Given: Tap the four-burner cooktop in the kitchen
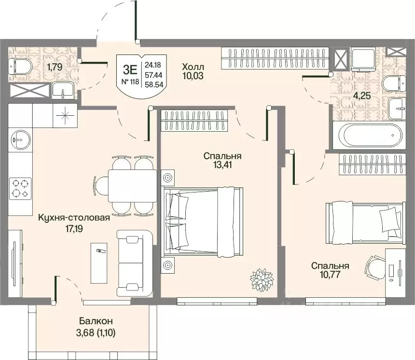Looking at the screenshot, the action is (x=20, y=189).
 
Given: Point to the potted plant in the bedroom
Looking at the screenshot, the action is (x=262, y=280).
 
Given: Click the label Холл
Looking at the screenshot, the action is (x=193, y=67).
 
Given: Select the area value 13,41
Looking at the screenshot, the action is (x=222, y=165).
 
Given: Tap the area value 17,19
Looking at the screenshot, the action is (x=74, y=228).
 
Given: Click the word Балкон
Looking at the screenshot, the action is (x=96, y=321).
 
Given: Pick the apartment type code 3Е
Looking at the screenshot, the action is (x=130, y=69).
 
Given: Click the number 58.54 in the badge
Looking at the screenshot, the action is (x=154, y=84).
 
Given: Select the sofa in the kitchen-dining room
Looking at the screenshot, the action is (x=135, y=263).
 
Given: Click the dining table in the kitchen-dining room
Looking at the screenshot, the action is (x=133, y=186).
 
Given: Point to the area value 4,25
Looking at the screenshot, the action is (x=362, y=95).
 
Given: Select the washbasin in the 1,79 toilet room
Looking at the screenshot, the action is (x=63, y=90).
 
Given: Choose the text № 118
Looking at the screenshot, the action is (x=130, y=82).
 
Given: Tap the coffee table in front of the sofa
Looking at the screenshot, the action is (x=99, y=263).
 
